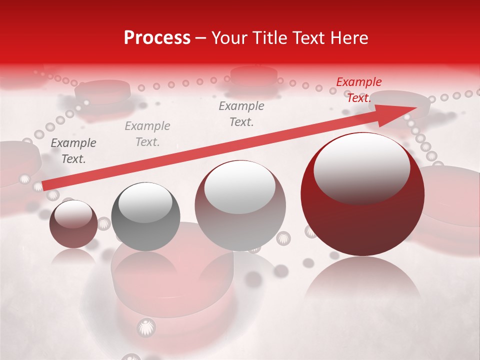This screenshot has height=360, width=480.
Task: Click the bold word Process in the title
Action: [157, 38]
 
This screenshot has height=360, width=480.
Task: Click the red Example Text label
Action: [359, 90]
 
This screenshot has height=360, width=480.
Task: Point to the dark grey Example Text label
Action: [73, 151]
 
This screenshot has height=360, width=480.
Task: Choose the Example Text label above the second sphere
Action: [147, 134]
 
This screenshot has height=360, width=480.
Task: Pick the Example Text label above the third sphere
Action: [241, 114]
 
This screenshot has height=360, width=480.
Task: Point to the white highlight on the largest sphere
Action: [361, 167]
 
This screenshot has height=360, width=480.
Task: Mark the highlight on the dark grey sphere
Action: [145, 202]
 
